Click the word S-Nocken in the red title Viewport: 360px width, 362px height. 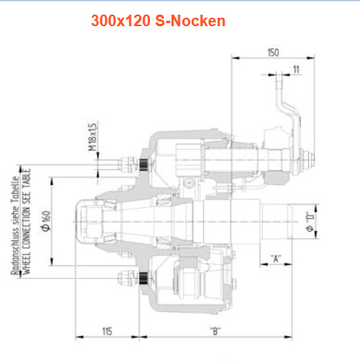pyautogui.click(x=190, y=21)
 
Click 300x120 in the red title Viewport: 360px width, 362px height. pyautogui.click(x=121, y=21)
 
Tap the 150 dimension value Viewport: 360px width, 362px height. pyautogui.click(x=273, y=52)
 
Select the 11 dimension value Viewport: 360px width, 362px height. pyautogui.click(x=296, y=69)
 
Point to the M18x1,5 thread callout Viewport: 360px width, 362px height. pyautogui.click(x=92, y=136)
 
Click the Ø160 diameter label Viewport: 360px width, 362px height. pyautogui.click(x=46, y=221)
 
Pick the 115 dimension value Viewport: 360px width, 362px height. pyautogui.click(x=107, y=331)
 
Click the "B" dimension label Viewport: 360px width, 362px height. pyautogui.click(x=215, y=331)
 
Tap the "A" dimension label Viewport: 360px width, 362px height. pyautogui.click(x=275, y=258)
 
